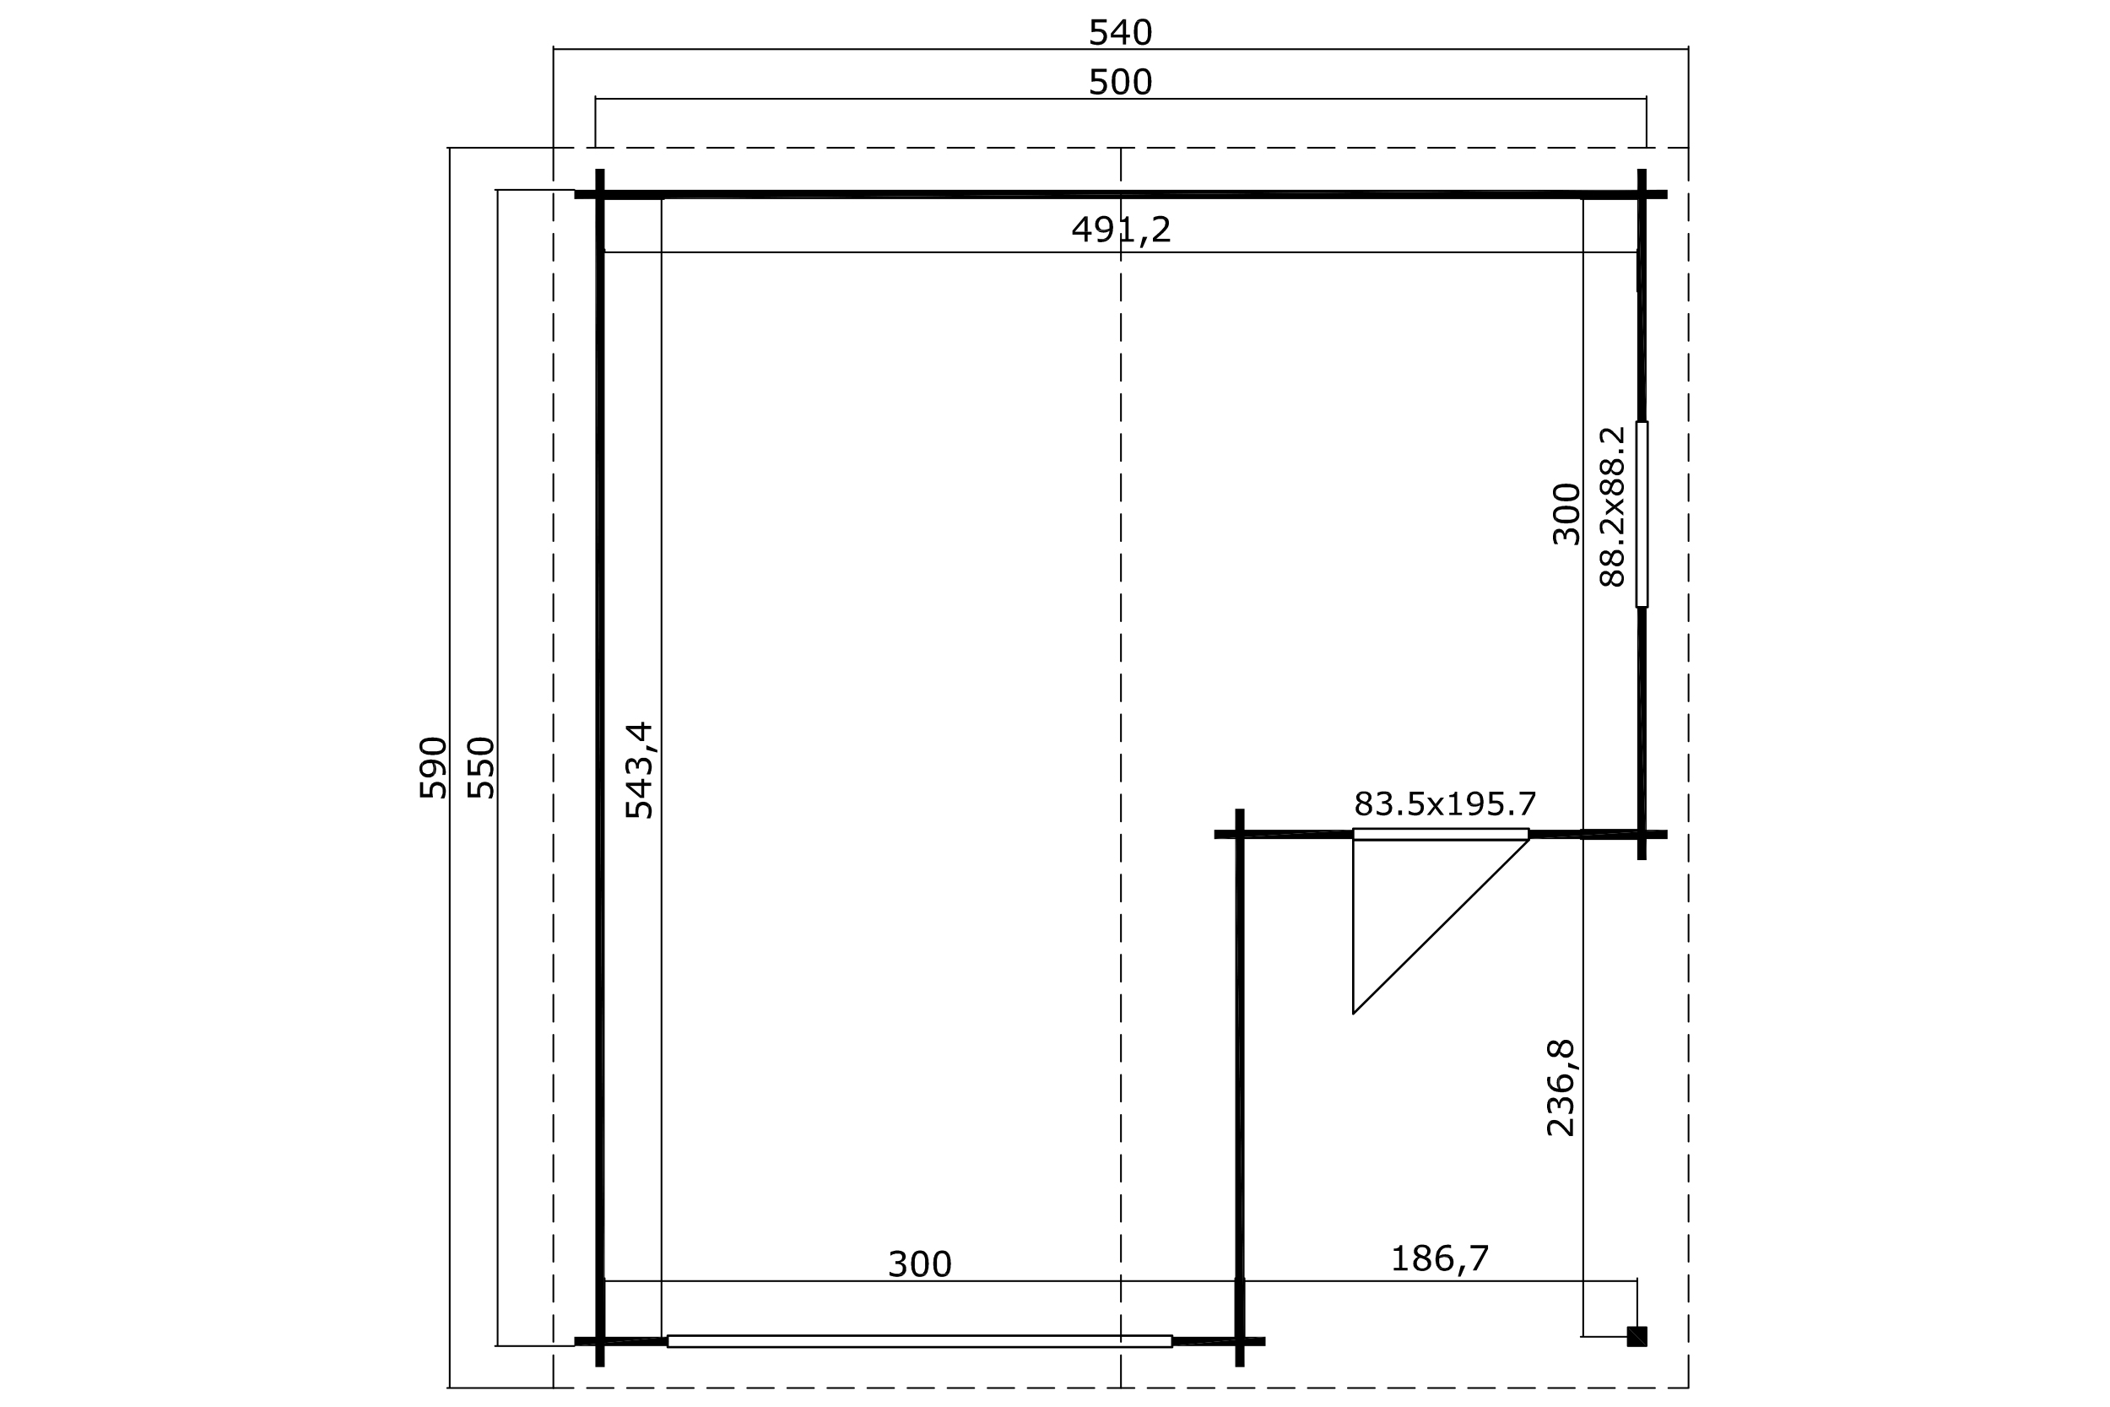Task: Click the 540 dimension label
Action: tap(1120, 33)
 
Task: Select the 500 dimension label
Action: tap(1120, 83)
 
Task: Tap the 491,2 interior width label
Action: tap(1121, 230)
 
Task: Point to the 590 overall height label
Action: tap(432, 767)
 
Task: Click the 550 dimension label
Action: tap(482, 767)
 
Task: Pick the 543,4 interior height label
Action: tap(640, 770)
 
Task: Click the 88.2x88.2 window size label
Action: tap(1612, 507)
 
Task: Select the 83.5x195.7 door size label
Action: tap(1444, 804)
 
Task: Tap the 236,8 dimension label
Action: tap(1561, 1088)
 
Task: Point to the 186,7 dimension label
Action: tap(1440, 1259)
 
